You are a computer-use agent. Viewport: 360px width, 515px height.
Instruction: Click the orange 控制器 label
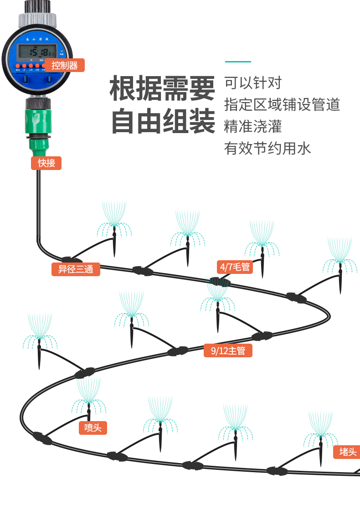[65, 65]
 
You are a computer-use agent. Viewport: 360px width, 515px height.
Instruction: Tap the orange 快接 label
[46, 163]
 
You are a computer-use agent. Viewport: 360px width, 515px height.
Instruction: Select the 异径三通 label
[76, 269]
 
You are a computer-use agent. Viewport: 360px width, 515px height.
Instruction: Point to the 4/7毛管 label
[235, 267]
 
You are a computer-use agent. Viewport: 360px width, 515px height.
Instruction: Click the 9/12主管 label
[228, 350]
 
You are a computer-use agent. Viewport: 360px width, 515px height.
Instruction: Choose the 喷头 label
[93, 427]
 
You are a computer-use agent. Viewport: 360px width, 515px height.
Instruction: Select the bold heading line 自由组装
[163, 121]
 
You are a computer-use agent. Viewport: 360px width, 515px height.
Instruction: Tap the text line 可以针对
[253, 83]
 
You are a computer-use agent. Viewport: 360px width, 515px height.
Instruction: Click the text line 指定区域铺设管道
[282, 104]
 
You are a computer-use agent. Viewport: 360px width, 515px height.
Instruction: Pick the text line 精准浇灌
[253, 126]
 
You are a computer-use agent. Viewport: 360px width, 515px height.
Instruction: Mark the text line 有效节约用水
[267, 148]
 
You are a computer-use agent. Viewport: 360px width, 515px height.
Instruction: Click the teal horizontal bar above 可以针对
[238, 62]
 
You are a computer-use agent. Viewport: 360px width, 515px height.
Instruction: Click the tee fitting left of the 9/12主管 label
[178, 351]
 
